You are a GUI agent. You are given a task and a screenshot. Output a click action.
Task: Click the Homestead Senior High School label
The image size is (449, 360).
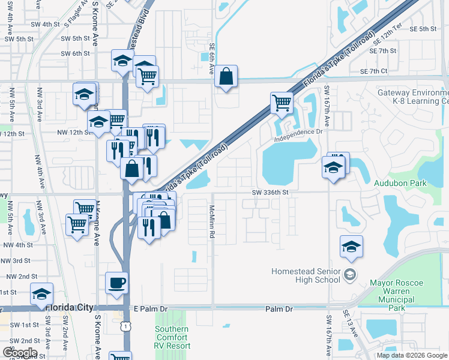tap(306, 275)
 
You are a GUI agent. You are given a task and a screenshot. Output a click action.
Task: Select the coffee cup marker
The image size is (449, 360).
tap(116, 283)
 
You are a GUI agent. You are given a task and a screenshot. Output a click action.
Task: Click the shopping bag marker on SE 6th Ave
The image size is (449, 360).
tap(226, 76)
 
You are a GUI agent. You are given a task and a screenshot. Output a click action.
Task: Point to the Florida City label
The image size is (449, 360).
tap(70, 307)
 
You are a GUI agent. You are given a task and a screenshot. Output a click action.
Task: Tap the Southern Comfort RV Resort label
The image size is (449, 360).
tap(172, 337)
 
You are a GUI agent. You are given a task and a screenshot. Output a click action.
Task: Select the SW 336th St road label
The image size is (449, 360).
tap(271, 193)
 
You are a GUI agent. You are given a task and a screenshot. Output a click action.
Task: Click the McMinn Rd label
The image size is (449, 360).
tap(212, 221)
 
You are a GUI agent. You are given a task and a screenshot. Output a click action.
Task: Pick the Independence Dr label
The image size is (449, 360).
tap(298, 136)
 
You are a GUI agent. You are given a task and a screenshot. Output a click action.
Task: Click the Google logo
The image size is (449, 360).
tap(20, 352)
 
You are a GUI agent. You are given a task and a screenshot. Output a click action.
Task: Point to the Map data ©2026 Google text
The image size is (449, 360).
tap(412, 355)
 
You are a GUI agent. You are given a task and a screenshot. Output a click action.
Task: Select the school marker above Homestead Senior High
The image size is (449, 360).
tap(351, 246)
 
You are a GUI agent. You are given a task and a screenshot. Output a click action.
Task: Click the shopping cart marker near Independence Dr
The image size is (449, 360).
tap(281, 103)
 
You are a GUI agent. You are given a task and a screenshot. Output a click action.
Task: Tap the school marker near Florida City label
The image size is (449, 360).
tap(41, 294)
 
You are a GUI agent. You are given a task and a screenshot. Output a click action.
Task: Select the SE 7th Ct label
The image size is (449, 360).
tap(374, 71)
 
